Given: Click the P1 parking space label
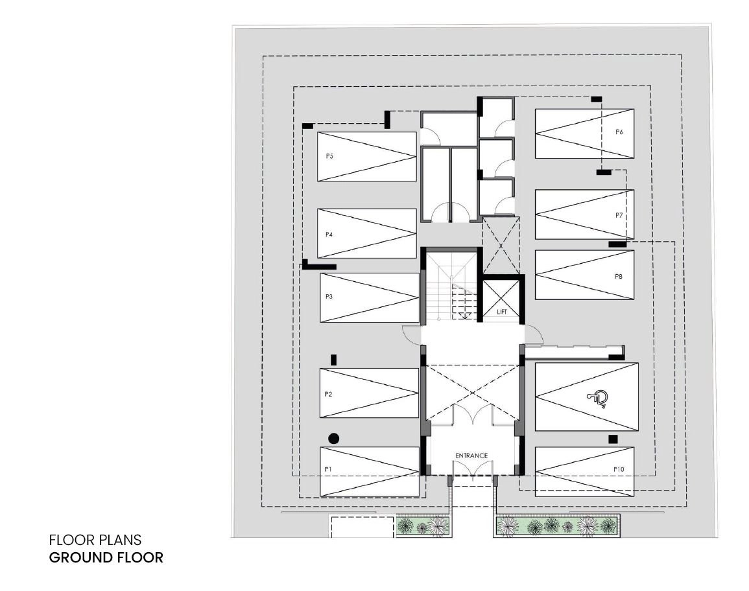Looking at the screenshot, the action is [x=328, y=469].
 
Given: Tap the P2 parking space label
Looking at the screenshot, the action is [x=328, y=394].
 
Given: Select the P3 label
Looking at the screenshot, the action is [x=329, y=296].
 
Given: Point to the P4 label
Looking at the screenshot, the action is [x=329, y=235].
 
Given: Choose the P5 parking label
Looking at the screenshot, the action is [x=329, y=156].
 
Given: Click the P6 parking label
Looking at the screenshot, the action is [x=619, y=132].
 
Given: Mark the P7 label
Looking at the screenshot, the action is [x=619, y=215].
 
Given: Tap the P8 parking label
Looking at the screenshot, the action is [x=619, y=277].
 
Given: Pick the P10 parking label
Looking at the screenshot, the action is [x=619, y=469].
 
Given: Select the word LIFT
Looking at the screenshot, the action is [x=501, y=312].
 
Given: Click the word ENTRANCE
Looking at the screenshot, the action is [x=471, y=456].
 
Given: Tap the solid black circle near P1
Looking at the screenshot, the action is [x=334, y=438].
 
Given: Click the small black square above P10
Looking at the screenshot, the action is [x=613, y=439].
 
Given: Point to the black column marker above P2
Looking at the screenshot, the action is [x=334, y=360].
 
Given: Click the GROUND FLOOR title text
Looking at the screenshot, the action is [x=106, y=557].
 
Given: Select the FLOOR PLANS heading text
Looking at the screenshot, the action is [x=95, y=540].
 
